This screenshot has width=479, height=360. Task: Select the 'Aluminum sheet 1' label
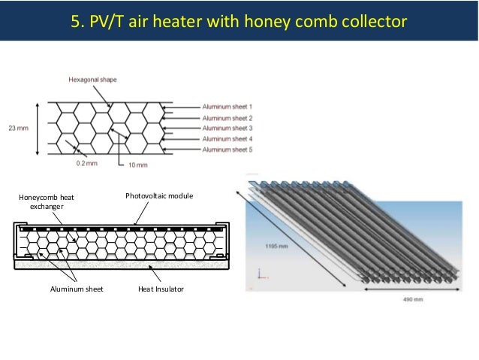227,107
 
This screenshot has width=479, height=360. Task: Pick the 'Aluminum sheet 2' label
227,118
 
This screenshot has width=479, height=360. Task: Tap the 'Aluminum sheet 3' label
227,129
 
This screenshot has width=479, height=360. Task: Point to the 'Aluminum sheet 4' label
227,139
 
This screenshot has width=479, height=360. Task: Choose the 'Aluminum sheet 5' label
227,150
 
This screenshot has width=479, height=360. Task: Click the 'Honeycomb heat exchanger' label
47,201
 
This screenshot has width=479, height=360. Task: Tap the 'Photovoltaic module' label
159,196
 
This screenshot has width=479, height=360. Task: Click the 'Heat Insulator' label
161,289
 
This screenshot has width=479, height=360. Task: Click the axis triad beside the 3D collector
260,275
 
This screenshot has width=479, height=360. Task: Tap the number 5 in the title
76,20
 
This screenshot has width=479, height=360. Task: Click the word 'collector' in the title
370,20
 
